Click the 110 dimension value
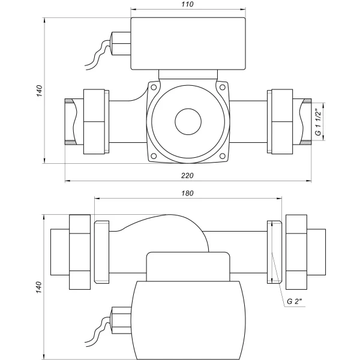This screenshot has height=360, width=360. [x=187, y=4]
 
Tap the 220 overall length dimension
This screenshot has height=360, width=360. [x=187, y=175]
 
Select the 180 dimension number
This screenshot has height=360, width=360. [x=187, y=194]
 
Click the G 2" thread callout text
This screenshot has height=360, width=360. [x=296, y=301]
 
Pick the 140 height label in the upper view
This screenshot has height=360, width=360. [x=40, y=91]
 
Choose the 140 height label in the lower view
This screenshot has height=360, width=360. [x=40, y=287]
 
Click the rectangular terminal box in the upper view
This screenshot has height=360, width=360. [x=187, y=43]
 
